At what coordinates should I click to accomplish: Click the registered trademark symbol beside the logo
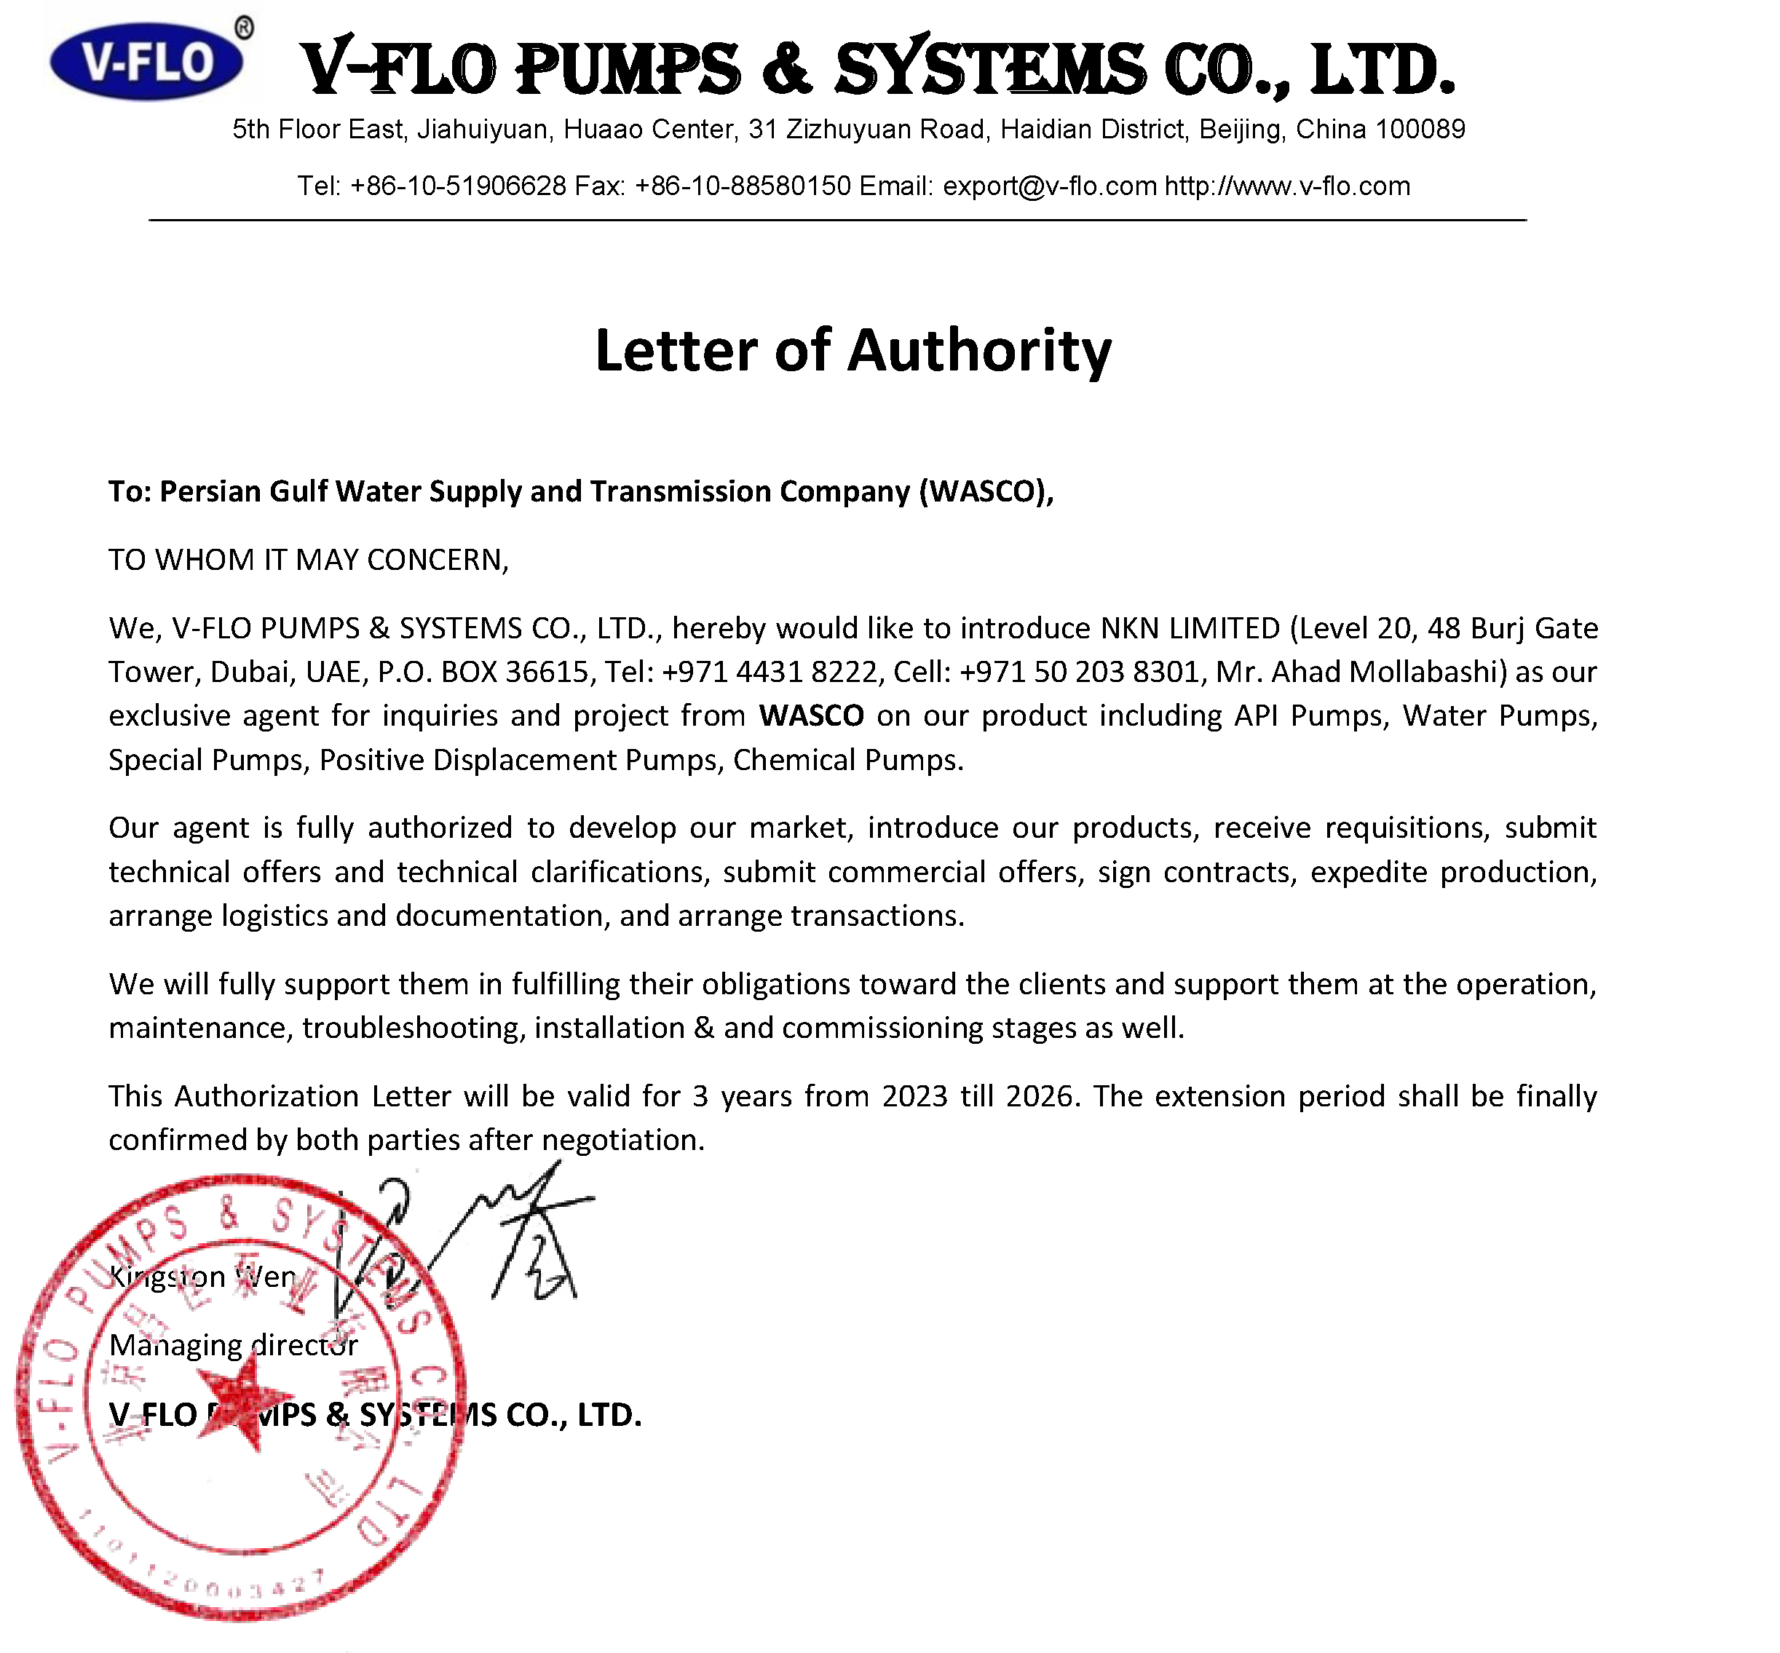coord(243,28)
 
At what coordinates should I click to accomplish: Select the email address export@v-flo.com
coord(1049,186)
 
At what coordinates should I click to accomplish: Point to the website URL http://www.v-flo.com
coord(1286,186)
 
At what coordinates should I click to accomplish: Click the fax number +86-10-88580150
coord(743,186)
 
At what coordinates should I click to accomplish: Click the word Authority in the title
coord(978,351)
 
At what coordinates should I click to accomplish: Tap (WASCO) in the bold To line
coord(986,492)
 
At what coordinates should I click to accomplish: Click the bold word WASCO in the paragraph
coord(811,715)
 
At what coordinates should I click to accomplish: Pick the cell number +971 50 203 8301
coord(1078,672)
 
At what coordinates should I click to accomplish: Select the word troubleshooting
coord(411,1028)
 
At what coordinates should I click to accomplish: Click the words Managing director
coord(232,1345)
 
